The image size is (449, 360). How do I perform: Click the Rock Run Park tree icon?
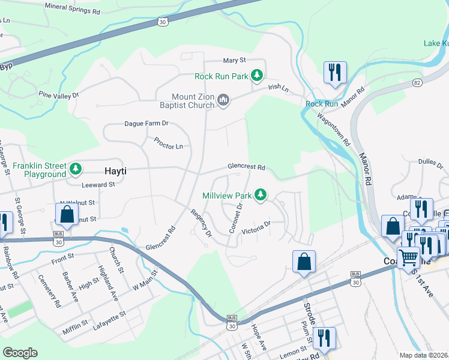pos(257,76)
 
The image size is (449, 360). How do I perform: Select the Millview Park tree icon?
pos(260,194)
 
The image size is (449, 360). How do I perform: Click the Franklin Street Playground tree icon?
pos(75,169)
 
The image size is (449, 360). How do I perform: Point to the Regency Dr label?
pos(202,222)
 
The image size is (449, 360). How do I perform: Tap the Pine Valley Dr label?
pos(59,95)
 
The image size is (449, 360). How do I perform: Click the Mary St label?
pos(235,61)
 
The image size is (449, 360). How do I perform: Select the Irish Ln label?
pos(279,88)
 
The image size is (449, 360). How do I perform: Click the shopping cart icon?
pos(409,256)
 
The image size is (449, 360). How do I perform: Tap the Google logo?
pos(20,353)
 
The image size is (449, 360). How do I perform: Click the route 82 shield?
pos(417,81)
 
